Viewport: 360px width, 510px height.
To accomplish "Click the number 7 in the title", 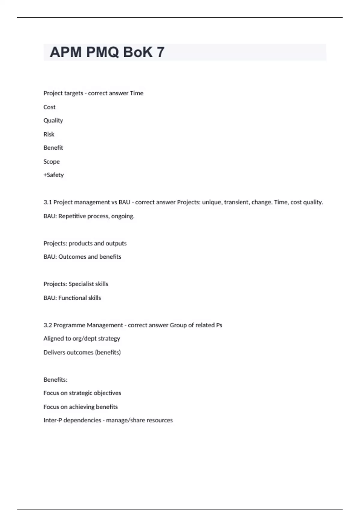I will coord(160,52).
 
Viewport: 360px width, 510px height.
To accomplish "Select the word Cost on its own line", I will coord(49,107).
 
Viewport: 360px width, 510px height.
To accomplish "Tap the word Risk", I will coord(49,134).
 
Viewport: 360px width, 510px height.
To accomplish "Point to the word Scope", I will coord(52,162).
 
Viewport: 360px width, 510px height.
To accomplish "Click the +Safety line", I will coord(54,175).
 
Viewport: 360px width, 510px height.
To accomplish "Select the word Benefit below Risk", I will coord(53,148).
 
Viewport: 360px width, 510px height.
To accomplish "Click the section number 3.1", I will coord(47,202).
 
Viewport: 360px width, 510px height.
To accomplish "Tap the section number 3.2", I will coord(47,325).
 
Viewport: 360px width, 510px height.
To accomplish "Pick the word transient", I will coord(237,202).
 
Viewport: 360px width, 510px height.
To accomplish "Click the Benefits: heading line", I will coord(55,379).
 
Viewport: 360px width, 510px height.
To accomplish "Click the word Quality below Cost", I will coord(53,121).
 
